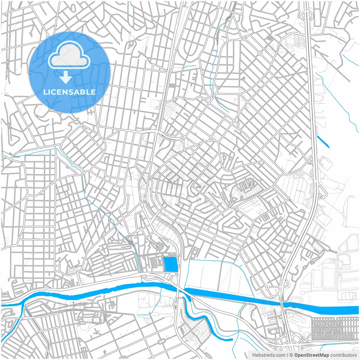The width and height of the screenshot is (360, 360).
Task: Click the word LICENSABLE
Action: [69, 92]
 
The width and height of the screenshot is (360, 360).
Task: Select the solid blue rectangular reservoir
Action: [170, 264]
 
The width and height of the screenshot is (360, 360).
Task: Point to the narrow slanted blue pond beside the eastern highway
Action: [323, 142]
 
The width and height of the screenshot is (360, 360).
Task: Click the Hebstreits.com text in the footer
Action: [269, 355]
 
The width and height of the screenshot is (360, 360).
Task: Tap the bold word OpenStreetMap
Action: [311, 355]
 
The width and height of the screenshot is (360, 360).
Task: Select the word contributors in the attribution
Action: [343, 355]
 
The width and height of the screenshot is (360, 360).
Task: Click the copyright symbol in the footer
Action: [291, 355]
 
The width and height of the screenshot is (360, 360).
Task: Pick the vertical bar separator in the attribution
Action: [287, 355]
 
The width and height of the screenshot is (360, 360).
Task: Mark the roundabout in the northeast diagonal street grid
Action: [260, 53]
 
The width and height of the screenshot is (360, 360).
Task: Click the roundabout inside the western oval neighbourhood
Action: [75, 146]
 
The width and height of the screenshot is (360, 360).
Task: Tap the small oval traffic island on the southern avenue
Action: [162, 341]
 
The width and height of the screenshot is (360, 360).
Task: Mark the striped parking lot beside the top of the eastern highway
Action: [299, 42]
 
